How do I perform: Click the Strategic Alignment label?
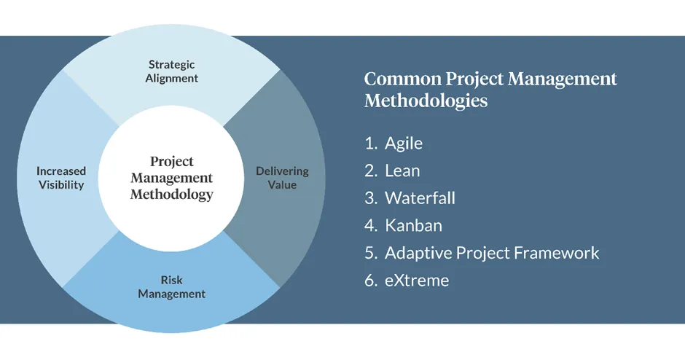tap(172, 71)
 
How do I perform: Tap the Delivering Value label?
tap(282, 178)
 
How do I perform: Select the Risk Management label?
tap(172, 286)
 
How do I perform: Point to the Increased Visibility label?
tap(61, 178)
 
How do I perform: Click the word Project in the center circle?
tap(172, 162)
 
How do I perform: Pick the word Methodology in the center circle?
tap(172, 194)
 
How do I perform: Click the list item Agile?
tap(404, 144)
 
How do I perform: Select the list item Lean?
tap(402, 171)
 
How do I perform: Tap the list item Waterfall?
tap(420, 198)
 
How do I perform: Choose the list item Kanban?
tap(413, 225)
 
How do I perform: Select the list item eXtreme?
tap(417, 281)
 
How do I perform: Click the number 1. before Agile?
tap(371, 144)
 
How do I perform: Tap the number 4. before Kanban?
tap(371, 225)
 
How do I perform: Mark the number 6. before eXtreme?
tap(371, 281)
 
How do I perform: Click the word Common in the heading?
tap(403, 79)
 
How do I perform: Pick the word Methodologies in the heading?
tap(426, 101)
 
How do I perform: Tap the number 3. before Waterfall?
tap(371, 198)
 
